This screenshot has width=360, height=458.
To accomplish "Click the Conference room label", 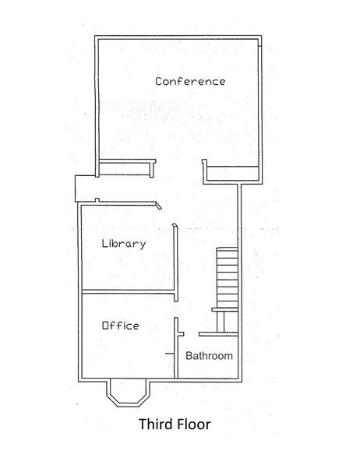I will click(x=190, y=81).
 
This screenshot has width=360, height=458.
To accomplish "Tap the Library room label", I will click(x=124, y=244).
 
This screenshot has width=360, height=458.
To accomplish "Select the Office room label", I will click(x=121, y=326).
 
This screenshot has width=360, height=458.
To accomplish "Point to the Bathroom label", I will click(x=209, y=356).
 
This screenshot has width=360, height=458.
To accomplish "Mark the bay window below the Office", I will click(x=125, y=393).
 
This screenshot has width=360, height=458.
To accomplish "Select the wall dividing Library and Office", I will click(x=129, y=293).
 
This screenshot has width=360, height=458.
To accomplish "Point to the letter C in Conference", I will click(x=158, y=82).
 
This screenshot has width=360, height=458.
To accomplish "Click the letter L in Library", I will click(x=105, y=243).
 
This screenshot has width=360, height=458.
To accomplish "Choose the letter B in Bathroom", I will click(x=188, y=356).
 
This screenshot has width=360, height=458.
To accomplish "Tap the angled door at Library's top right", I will click(x=158, y=206).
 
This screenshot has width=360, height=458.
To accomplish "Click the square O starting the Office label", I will click(x=106, y=326).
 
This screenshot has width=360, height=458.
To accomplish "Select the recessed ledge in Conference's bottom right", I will click(x=231, y=171).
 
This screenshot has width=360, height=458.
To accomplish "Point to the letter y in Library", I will click(x=143, y=245).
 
